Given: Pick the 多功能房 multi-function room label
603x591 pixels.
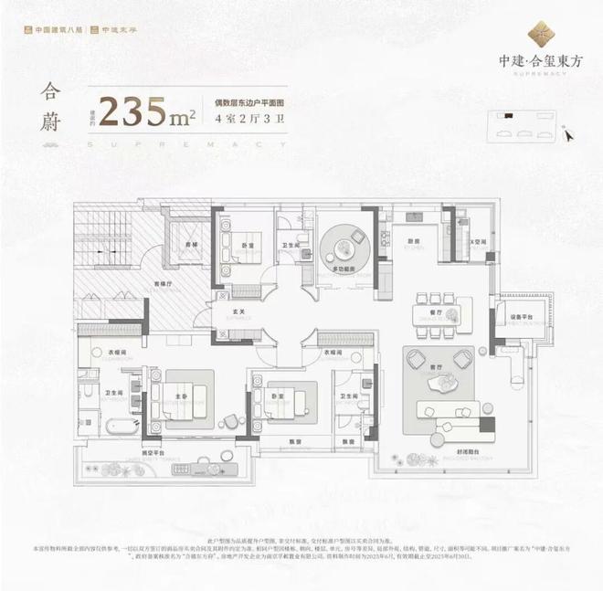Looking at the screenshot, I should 343,270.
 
